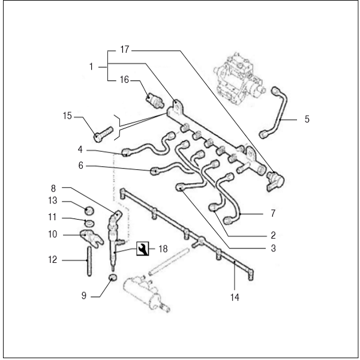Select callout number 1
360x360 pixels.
[x=92, y=67]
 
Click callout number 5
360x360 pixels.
[x=307, y=119]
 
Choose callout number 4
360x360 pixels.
[x=80, y=149]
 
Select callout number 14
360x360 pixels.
[x=235, y=296]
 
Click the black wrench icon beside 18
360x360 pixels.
[x=143, y=248]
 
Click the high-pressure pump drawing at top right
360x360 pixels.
[x=240, y=75]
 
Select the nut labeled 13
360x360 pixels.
[x=88, y=210]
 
